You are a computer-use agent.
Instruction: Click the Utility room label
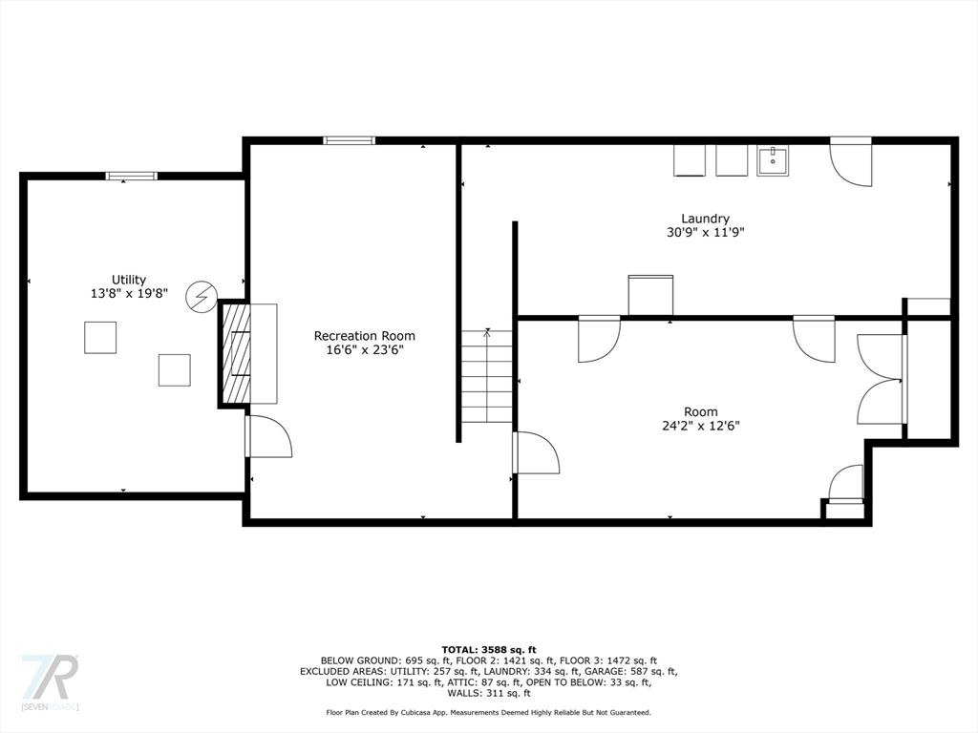coord(129,280)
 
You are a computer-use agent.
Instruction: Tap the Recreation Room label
coord(364,335)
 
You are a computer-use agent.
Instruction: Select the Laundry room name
coord(706,219)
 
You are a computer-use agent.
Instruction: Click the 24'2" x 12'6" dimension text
coord(700,426)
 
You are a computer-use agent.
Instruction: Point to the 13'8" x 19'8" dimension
coord(129,293)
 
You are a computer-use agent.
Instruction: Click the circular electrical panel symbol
coord(201,296)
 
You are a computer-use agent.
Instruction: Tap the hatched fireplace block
coord(236,353)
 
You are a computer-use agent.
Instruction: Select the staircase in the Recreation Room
coord(486,376)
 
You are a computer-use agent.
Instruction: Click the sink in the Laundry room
coord(773,160)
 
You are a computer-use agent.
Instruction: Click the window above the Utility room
coord(131,176)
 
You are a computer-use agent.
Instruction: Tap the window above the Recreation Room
coord(350,140)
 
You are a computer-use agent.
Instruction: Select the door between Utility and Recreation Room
coord(268,435)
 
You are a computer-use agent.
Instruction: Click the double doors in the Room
coord(881,380)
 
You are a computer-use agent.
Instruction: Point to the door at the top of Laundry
coord(850,160)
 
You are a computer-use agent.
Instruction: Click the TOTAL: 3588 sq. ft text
coord(488,649)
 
